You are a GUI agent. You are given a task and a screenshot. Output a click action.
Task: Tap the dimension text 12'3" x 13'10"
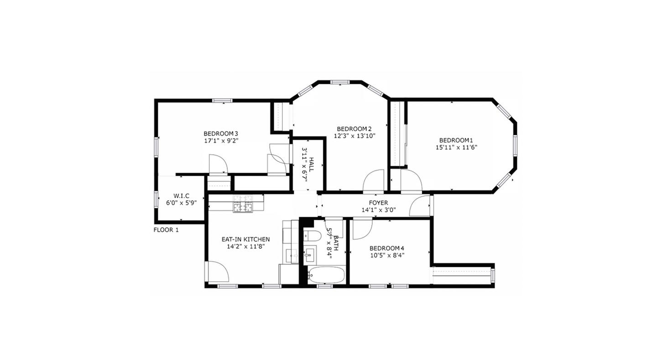[x=355, y=136]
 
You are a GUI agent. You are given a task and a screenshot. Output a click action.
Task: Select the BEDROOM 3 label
[x=221, y=133]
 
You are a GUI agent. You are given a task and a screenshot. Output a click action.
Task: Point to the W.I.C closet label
[x=181, y=196]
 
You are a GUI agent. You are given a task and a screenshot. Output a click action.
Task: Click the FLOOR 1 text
[x=166, y=230]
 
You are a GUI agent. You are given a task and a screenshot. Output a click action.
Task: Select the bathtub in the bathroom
[x=326, y=275]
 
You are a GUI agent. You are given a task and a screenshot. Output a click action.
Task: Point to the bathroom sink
[x=311, y=254]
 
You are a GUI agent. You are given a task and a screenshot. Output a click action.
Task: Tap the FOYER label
[x=378, y=203]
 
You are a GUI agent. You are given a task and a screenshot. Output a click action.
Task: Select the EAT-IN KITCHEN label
[x=245, y=239]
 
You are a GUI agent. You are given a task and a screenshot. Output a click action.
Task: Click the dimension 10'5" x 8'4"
[x=387, y=256]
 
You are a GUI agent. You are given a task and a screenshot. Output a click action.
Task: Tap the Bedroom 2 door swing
[x=375, y=181]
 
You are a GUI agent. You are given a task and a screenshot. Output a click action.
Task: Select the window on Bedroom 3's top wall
[x=222, y=100]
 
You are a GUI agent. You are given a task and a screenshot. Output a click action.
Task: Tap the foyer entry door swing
[x=420, y=206]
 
